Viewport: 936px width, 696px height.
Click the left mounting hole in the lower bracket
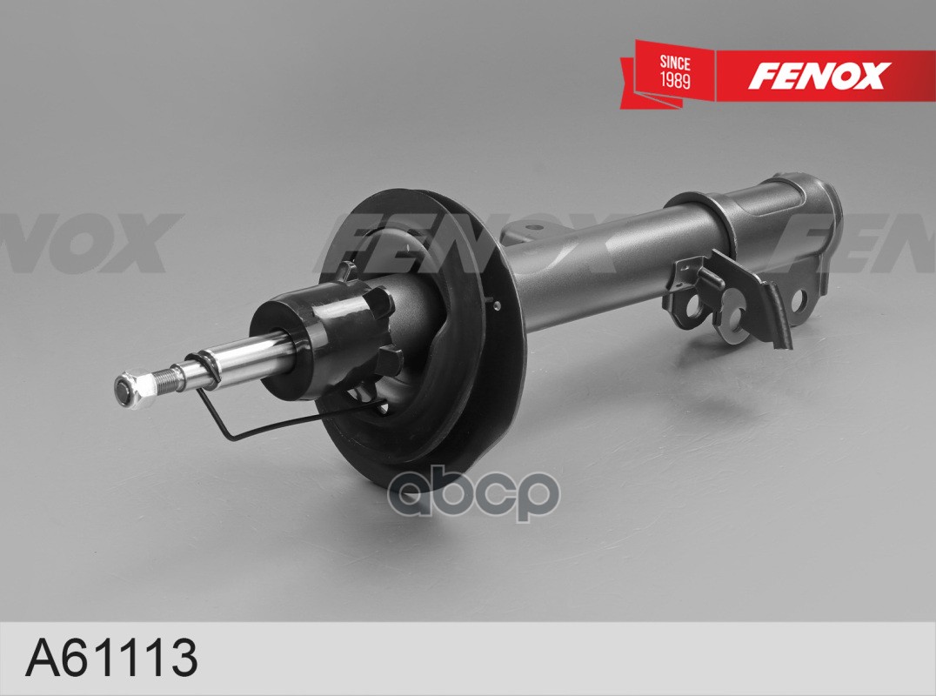click(693, 309)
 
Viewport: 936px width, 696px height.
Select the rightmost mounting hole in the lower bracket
click(798, 300)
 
